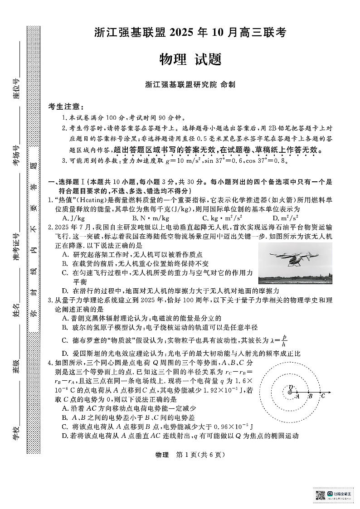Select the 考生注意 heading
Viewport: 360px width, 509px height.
[66, 107]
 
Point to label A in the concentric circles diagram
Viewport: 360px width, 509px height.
[297, 396]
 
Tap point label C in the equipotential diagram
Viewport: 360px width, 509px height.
[323, 396]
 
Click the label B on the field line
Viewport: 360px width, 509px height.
[311, 396]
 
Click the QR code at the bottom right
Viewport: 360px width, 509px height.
[321, 494]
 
